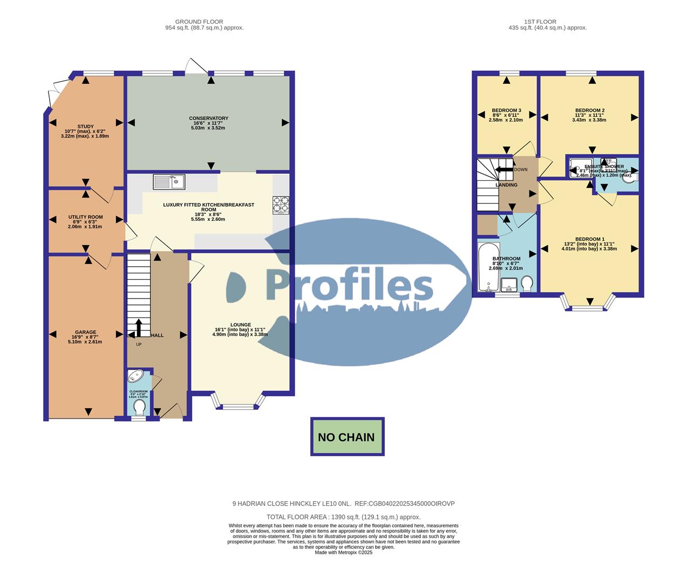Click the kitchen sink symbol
click(x=169, y=182)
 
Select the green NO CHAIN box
click(x=347, y=437)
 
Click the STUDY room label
click(x=85, y=127)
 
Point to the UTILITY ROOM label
click(x=85, y=217)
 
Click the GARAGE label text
click(x=85, y=332)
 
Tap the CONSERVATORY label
click(x=208, y=118)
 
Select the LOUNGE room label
click(x=240, y=325)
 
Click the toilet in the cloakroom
click(x=139, y=406)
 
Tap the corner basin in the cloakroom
click(x=134, y=376)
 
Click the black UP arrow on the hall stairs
click(x=139, y=327)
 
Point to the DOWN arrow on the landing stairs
click(x=505, y=170)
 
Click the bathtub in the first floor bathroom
click(x=487, y=267)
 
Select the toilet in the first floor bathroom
click(x=527, y=283)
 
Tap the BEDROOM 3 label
click(x=506, y=110)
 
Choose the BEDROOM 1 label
click(x=589, y=239)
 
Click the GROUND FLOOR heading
click(x=204, y=22)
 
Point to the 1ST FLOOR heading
click(x=547, y=22)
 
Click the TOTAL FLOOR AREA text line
click(x=343, y=517)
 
